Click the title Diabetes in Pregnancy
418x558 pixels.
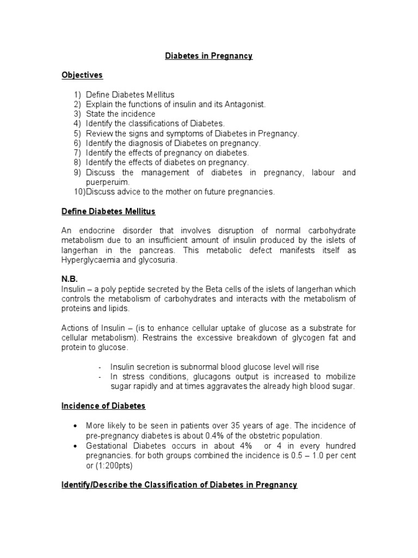209,56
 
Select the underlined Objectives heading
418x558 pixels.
82,75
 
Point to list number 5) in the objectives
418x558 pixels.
77,134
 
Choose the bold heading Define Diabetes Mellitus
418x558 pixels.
108,211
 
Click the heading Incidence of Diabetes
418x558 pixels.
103,406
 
